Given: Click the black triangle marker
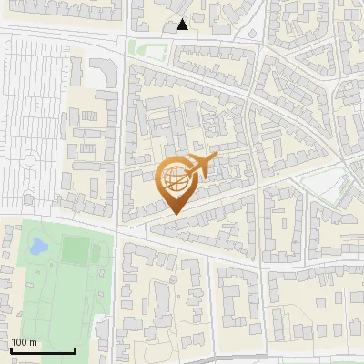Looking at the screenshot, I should [x=183, y=25].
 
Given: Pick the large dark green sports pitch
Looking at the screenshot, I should [x=76, y=250].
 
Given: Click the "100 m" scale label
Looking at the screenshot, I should [x=23, y=342].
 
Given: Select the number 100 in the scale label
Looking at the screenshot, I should [x=19, y=342].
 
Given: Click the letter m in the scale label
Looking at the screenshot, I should [x=33, y=342].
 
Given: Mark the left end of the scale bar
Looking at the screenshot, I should [x=10, y=351].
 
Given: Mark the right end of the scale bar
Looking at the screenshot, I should [x=75, y=351].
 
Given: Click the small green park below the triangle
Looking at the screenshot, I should [x=143, y=47].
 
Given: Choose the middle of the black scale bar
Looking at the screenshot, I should [x=42, y=351].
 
